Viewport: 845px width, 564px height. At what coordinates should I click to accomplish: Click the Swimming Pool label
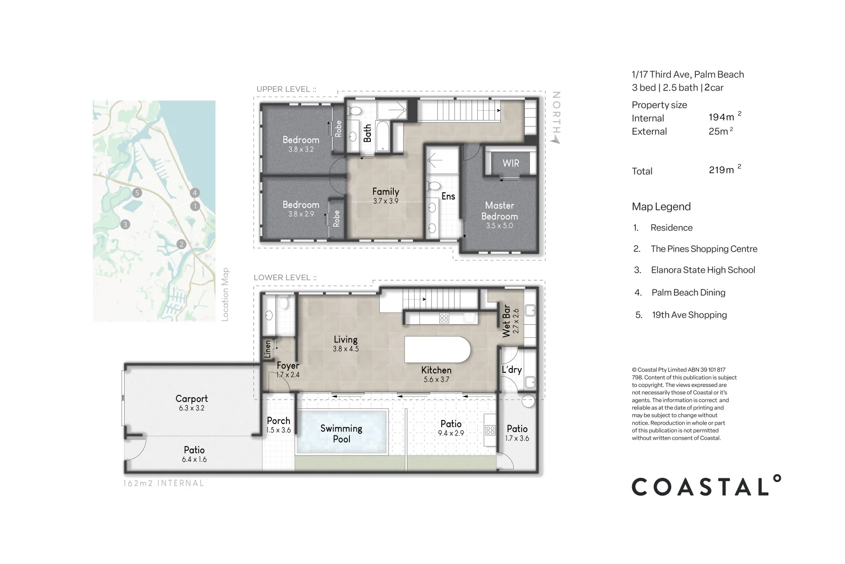(x=341, y=433)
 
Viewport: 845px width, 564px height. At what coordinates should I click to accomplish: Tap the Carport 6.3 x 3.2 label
(x=191, y=402)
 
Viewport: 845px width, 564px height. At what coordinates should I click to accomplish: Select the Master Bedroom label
(x=500, y=211)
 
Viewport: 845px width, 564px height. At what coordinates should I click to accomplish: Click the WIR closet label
(x=511, y=163)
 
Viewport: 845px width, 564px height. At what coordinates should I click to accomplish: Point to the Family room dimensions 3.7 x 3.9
(x=385, y=201)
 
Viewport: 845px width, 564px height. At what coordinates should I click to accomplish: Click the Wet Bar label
(x=506, y=321)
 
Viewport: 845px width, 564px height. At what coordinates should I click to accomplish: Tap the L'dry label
(x=512, y=370)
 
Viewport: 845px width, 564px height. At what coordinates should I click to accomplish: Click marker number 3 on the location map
(x=125, y=225)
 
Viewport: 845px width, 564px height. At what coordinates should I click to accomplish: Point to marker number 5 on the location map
(x=137, y=193)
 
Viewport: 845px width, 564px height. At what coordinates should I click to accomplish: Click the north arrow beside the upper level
(x=557, y=118)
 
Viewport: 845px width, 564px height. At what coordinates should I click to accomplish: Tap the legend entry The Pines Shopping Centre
(x=704, y=249)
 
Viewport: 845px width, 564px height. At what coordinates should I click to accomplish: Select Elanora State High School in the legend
(x=703, y=270)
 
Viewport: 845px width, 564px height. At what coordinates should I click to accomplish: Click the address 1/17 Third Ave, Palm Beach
(x=687, y=75)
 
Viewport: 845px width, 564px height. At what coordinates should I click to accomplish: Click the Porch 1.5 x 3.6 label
(x=279, y=425)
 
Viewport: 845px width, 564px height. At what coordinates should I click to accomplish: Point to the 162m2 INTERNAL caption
(x=163, y=484)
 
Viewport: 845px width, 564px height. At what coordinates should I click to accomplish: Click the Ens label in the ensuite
(x=448, y=196)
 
